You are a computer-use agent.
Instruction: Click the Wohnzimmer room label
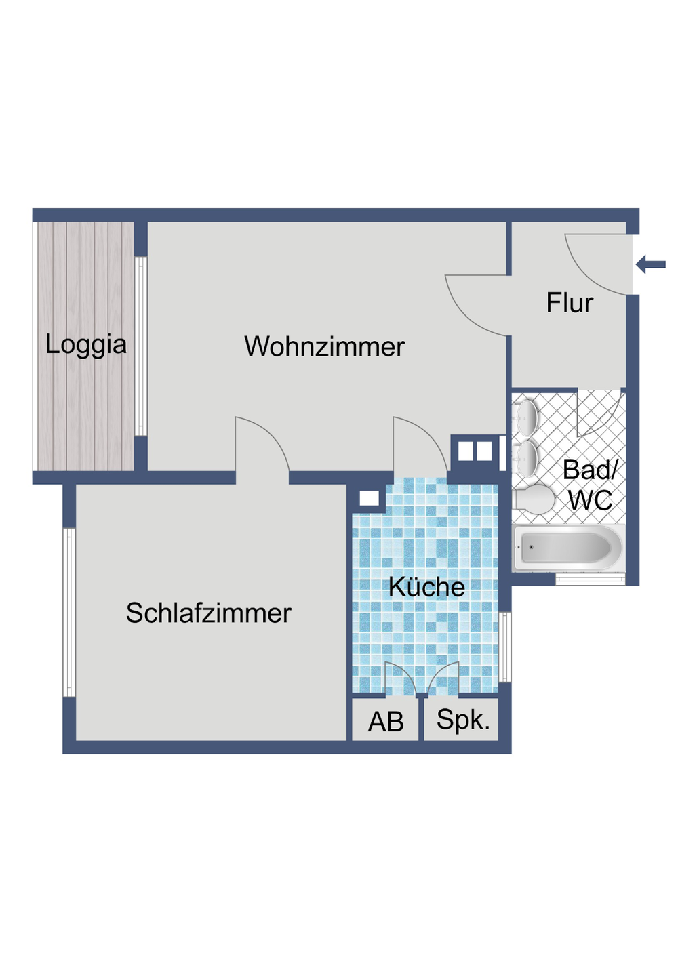tap(324, 347)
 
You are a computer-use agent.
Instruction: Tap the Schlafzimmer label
tap(208, 613)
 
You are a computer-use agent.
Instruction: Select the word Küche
tap(426, 587)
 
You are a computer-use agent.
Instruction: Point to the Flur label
tap(570, 303)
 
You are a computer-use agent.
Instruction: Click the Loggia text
tap(86, 344)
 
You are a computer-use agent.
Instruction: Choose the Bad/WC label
tap(591, 485)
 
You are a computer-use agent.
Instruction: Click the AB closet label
tap(386, 722)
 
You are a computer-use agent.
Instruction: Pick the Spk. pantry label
tap(463, 720)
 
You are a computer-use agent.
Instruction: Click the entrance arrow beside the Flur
tap(652, 264)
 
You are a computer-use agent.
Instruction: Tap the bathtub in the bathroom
tap(568, 548)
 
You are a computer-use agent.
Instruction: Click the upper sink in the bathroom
tap(527, 415)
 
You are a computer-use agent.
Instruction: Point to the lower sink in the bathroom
tap(527, 459)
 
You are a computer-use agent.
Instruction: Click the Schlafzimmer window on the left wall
tap(69, 613)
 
